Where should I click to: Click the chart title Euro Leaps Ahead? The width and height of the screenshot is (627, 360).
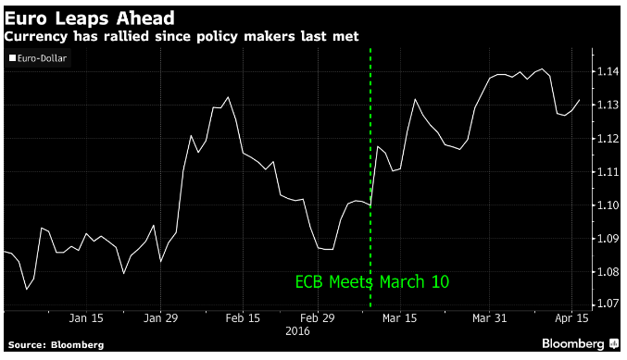pyautogui.click(x=90, y=19)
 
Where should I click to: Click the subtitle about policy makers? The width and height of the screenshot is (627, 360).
pyautogui.click(x=182, y=36)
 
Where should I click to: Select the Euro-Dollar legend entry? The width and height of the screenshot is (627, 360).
pyautogui.click(x=38, y=58)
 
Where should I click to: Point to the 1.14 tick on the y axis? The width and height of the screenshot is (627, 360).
pyautogui.click(x=608, y=71)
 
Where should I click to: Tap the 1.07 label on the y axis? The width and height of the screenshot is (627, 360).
pyautogui.click(x=608, y=304)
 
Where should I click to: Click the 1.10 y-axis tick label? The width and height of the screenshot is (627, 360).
pyautogui.click(x=608, y=205)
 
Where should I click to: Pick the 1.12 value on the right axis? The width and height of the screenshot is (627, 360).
pyautogui.click(x=608, y=139)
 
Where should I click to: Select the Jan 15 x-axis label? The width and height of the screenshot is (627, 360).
pyautogui.click(x=86, y=318)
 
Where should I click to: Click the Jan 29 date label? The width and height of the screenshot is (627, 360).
pyautogui.click(x=161, y=318)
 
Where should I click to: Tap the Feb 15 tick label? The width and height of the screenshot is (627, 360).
pyautogui.click(x=243, y=318)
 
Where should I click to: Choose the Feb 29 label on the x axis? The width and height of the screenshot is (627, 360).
pyautogui.click(x=318, y=318)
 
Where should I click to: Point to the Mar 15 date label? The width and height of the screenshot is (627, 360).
pyautogui.click(x=399, y=318)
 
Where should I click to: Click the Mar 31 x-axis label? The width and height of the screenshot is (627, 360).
pyautogui.click(x=489, y=318)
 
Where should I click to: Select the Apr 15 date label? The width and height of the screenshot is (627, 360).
pyautogui.click(x=571, y=318)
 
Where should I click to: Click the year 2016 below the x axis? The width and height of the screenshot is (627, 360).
pyautogui.click(x=297, y=331)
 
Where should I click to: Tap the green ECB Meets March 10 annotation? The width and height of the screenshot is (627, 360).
pyautogui.click(x=372, y=282)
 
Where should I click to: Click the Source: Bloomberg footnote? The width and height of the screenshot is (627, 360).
pyautogui.click(x=56, y=345)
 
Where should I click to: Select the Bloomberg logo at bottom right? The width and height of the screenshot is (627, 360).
pyautogui.click(x=580, y=343)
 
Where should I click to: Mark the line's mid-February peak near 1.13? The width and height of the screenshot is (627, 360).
pyautogui.click(x=228, y=97)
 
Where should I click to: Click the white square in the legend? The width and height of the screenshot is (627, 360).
pyautogui.click(x=13, y=58)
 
